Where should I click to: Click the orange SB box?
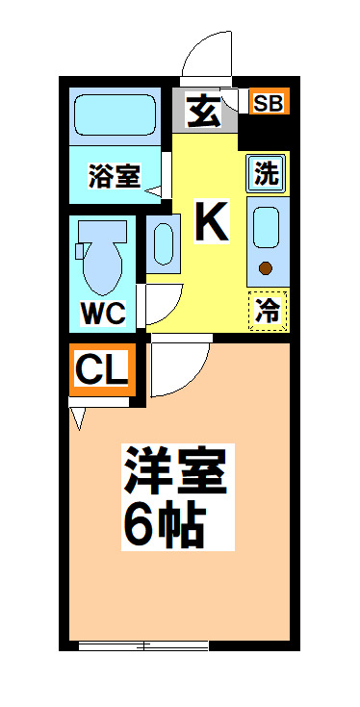coord(269,102)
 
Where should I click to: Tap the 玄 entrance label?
coord(203,112)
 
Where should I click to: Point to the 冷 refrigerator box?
coord(269,310)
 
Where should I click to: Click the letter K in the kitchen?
coord(212,223)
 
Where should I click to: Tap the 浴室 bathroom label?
coord(115,177)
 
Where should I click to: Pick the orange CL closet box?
coord(102,368)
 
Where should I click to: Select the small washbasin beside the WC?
coord(162,240)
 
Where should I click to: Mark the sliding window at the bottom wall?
coord(141,645)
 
